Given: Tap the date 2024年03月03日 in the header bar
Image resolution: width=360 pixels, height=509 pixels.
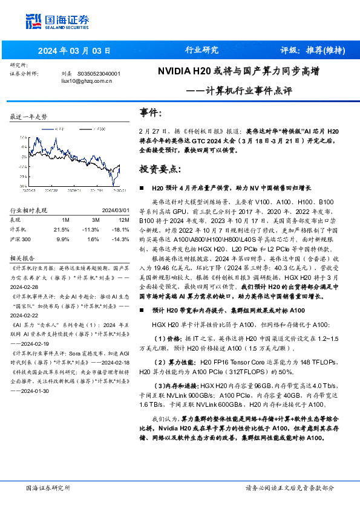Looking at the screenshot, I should pyautogui.click(x=75, y=50).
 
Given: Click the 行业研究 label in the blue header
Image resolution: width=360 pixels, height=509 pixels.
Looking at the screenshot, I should pyautogui.click(x=201, y=50).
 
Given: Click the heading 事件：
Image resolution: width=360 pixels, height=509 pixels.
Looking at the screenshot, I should pyautogui.click(x=151, y=113).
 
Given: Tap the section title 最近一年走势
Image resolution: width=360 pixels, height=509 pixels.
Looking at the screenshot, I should pyautogui.click(x=28, y=116).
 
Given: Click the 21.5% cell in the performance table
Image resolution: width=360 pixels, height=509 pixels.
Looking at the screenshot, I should pyautogui.click(x=61, y=230).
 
